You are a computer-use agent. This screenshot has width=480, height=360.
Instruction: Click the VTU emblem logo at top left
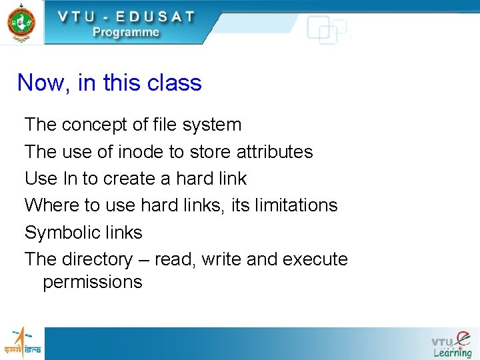click(x=21, y=21)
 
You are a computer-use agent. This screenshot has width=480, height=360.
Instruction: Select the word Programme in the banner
click(x=126, y=32)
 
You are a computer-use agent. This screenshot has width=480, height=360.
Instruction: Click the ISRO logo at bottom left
click(x=21, y=343)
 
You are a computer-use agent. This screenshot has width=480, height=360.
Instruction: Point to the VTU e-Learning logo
click(x=451, y=344)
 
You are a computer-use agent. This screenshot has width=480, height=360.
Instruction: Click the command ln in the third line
click(x=70, y=179)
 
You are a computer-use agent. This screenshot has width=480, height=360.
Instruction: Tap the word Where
click(x=51, y=205)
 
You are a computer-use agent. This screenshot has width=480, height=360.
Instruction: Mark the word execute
click(x=315, y=259)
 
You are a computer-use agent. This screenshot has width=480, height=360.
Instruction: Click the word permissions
click(x=92, y=282)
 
